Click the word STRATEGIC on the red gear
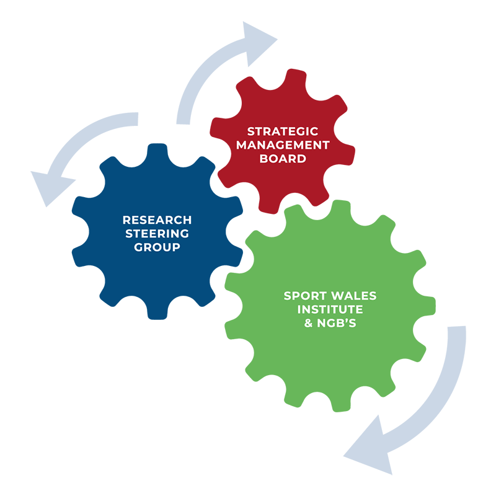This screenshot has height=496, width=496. coord(283,131)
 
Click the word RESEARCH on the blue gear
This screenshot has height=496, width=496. coord(157,220)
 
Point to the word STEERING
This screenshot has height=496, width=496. coord(157,234)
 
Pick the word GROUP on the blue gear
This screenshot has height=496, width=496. coord(157,247)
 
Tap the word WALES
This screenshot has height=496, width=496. coord(352,296)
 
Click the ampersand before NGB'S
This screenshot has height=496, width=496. coord(309,323)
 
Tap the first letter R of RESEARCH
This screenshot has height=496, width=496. coord(126,220)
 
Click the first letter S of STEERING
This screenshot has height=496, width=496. coord(130,234)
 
